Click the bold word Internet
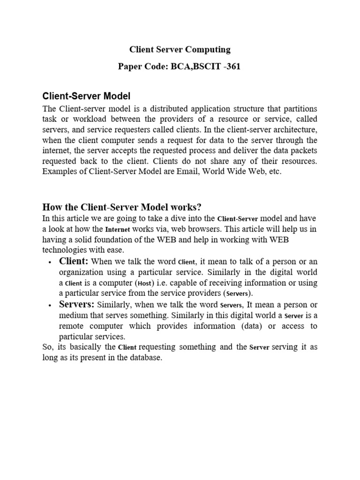pos(118,229)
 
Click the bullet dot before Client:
pos(50,262)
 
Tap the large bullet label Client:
pos(74,261)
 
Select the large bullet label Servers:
pos(77,304)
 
